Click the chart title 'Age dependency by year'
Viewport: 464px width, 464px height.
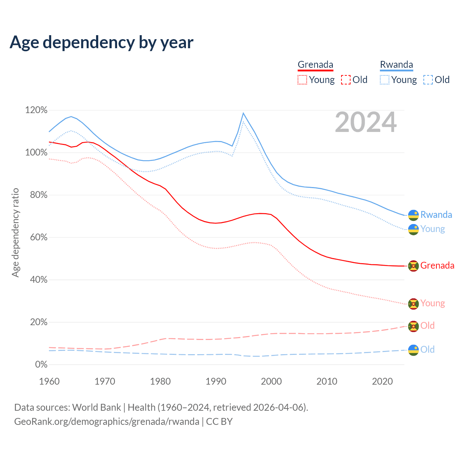(101, 42)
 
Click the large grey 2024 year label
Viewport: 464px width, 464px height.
(365, 123)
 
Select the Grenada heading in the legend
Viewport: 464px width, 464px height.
(315, 65)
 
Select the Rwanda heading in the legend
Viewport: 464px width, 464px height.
(396, 65)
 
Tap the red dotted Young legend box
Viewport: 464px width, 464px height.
(302, 80)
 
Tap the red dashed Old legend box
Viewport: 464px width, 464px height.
(346, 80)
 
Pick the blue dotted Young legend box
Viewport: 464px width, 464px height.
(385, 80)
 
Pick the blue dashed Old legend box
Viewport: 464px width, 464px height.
(428, 80)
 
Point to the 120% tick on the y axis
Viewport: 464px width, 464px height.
(36, 110)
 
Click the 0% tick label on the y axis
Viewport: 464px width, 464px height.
(41, 365)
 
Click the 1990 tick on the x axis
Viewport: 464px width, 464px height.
(216, 381)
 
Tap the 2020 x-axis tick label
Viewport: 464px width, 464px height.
(382, 381)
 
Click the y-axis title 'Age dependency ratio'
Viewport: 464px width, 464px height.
(15, 232)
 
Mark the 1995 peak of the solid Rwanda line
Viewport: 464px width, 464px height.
(243, 113)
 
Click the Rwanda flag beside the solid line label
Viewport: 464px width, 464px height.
(413, 215)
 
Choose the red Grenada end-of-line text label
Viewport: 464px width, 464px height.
(437, 265)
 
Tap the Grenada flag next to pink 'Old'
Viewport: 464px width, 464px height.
(413, 326)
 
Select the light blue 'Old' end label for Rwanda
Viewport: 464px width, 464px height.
(427, 349)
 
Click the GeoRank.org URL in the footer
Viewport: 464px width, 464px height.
(107, 422)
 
